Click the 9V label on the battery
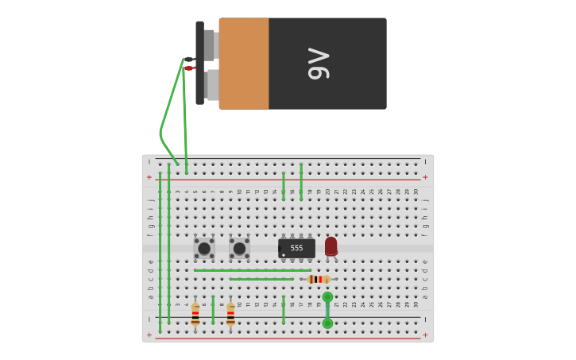318,64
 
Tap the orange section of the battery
244,64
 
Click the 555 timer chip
296,248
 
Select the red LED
331,246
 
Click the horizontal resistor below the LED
319,279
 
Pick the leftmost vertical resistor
195,314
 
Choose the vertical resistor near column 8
230,314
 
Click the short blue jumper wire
327,310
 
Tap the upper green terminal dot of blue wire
327,297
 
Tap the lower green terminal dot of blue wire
327,323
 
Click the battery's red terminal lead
189,68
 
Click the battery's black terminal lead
188,59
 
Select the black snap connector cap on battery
199,63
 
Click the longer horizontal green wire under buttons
253,270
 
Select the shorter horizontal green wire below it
261,279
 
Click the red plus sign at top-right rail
425,177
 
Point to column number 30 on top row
416,192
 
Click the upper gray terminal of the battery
209,45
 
